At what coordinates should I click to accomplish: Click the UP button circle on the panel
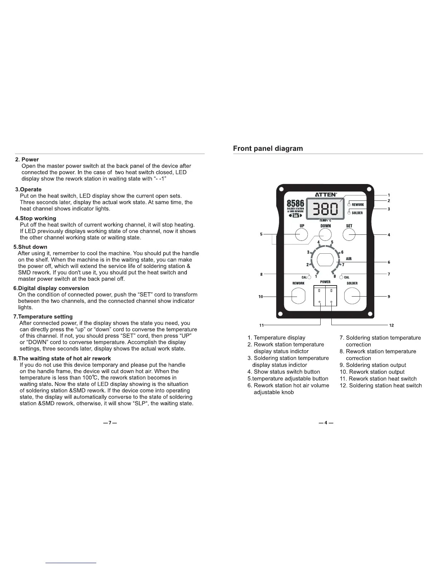(301, 234)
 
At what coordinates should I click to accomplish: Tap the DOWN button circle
(325, 234)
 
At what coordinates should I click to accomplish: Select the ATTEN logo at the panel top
(326, 194)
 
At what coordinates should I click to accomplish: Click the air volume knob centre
(325, 259)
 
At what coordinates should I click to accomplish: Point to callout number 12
(391, 325)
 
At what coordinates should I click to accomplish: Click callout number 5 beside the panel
(261, 234)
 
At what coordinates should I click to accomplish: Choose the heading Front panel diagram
(268, 148)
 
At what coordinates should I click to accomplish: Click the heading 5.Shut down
(30, 247)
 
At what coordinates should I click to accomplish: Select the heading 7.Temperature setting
(43, 317)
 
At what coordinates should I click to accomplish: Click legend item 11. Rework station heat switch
(378, 379)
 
